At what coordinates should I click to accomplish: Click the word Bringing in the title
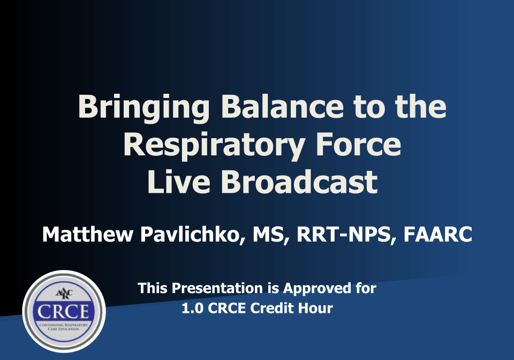tap(143, 108)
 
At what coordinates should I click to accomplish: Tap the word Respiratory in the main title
tap(214, 146)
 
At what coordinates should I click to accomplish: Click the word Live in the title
tap(179, 182)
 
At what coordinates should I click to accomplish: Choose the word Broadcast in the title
tap(299, 182)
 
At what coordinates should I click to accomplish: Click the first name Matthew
tap(87, 235)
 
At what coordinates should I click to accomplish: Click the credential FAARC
tap(437, 235)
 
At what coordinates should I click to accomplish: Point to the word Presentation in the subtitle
tap(217, 288)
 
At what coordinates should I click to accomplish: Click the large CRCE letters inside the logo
tap(63, 311)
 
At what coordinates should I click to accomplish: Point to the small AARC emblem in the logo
tap(64, 294)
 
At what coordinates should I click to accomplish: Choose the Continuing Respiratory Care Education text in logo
tap(64, 327)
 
